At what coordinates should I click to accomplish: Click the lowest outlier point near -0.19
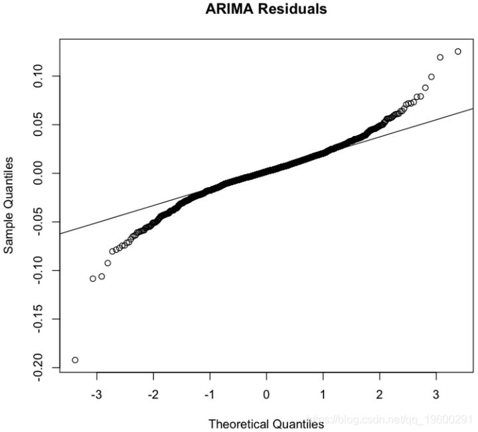coord(75,360)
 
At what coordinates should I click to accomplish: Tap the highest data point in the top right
coord(458,51)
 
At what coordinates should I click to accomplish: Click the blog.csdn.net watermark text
coord(392,420)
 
